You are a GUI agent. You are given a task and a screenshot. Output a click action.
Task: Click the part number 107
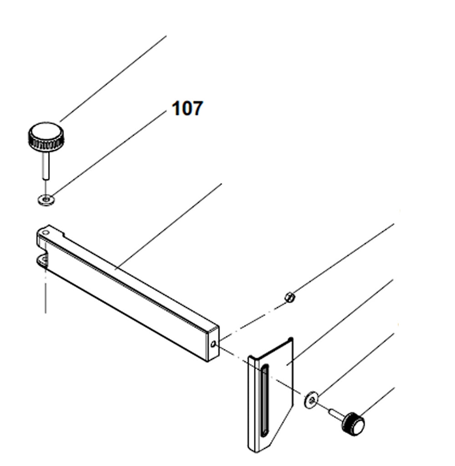(187, 109)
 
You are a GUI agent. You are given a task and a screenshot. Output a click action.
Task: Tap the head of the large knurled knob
(46, 136)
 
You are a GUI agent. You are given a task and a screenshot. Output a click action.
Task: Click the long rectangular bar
(127, 296)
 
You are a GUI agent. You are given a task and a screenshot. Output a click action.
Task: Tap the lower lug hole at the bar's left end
(44, 260)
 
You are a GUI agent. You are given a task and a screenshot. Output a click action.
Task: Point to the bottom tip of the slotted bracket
(258, 448)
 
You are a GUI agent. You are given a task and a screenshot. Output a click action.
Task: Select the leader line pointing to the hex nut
(341, 259)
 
